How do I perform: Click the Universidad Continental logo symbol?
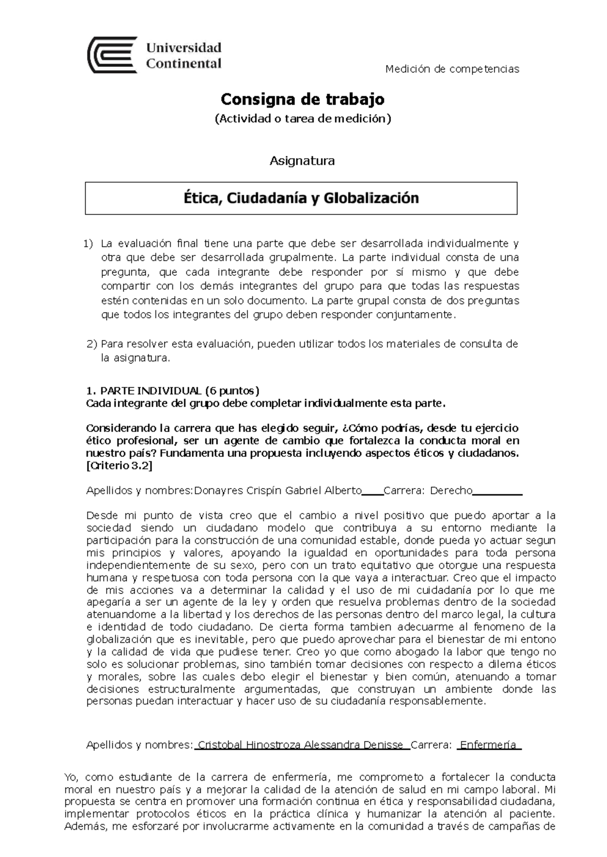(x=112, y=55)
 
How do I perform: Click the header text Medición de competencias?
(x=452, y=69)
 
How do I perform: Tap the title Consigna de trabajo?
(x=302, y=99)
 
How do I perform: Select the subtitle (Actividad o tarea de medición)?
(x=302, y=119)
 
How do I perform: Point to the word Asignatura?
(x=302, y=161)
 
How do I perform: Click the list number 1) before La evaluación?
(x=89, y=244)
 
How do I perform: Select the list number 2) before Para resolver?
(x=92, y=345)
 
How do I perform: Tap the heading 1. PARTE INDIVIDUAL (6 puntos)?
(x=172, y=391)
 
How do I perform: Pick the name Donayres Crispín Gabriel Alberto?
(x=278, y=491)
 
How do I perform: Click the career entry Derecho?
(x=451, y=491)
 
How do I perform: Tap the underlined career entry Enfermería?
(x=488, y=745)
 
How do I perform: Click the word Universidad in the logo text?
(x=184, y=48)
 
